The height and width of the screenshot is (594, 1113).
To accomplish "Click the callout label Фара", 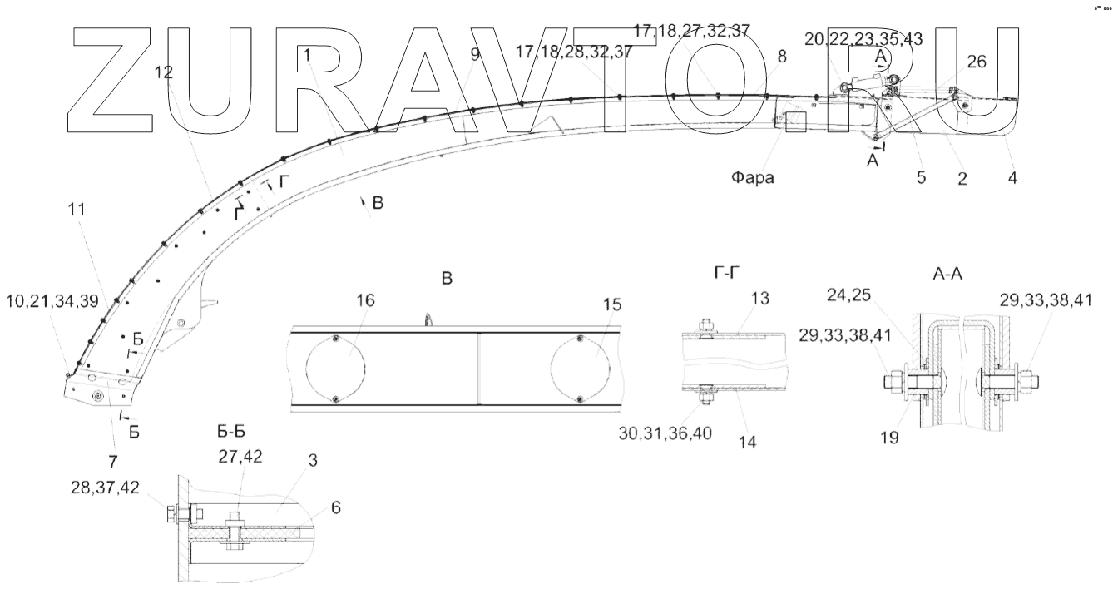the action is pos(752,177).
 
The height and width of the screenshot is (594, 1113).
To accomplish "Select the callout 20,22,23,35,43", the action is pos(863,39).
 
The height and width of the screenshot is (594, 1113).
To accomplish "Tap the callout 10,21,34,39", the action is pos(52,301).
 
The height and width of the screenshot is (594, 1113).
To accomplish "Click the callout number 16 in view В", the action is pos(365,300).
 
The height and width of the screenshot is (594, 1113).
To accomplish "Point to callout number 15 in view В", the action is pos(611,304).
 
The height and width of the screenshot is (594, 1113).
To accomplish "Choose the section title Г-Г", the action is pos(727,273).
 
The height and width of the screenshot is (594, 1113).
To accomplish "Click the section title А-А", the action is pos(947,274).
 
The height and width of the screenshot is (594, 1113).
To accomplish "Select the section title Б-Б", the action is pos(231,432).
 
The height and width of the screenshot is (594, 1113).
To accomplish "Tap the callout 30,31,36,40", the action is pos(665,433).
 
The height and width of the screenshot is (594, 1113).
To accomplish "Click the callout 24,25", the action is pos(848,295).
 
